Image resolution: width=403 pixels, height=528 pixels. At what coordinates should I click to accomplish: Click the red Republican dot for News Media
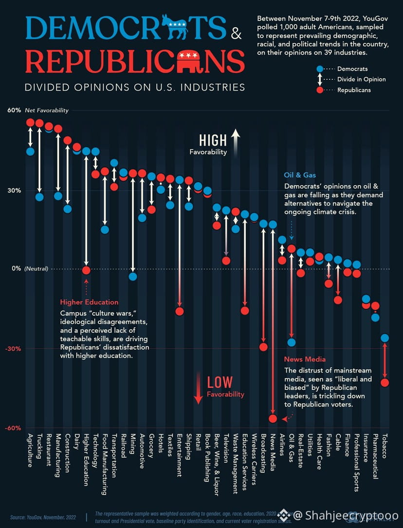point(273,418)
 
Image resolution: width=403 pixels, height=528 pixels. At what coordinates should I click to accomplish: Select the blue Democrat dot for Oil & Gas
point(291,342)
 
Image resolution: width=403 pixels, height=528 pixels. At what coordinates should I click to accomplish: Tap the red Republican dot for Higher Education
point(86,270)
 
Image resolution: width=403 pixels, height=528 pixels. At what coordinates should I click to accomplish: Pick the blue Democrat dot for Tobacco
point(385,338)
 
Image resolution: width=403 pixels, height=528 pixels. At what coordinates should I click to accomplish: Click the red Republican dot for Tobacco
point(385,382)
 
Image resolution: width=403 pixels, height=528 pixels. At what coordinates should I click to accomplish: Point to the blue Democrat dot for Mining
point(133,277)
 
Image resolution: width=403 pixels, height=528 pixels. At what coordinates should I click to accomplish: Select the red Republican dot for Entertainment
point(180,311)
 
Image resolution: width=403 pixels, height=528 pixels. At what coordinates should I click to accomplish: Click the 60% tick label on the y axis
point(14,111)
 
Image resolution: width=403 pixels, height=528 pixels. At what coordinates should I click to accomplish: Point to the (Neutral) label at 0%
point(36,269)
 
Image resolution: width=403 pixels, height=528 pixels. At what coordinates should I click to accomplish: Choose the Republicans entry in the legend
point(354,90)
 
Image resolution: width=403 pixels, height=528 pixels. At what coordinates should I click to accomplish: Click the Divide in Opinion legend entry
point(361,79)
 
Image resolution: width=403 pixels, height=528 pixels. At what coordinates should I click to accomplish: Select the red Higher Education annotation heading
point(89,302)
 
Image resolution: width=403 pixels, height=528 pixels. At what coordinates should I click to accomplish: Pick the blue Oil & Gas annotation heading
point(300,175)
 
